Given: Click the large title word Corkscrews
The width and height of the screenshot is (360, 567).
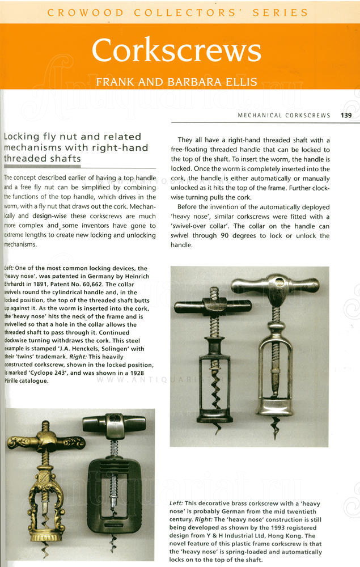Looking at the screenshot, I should [x=176, y=51].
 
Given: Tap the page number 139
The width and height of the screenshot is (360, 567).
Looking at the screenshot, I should [x=347, y=115].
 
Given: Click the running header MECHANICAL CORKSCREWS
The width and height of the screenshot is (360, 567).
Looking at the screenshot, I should [x=283, y=115].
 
